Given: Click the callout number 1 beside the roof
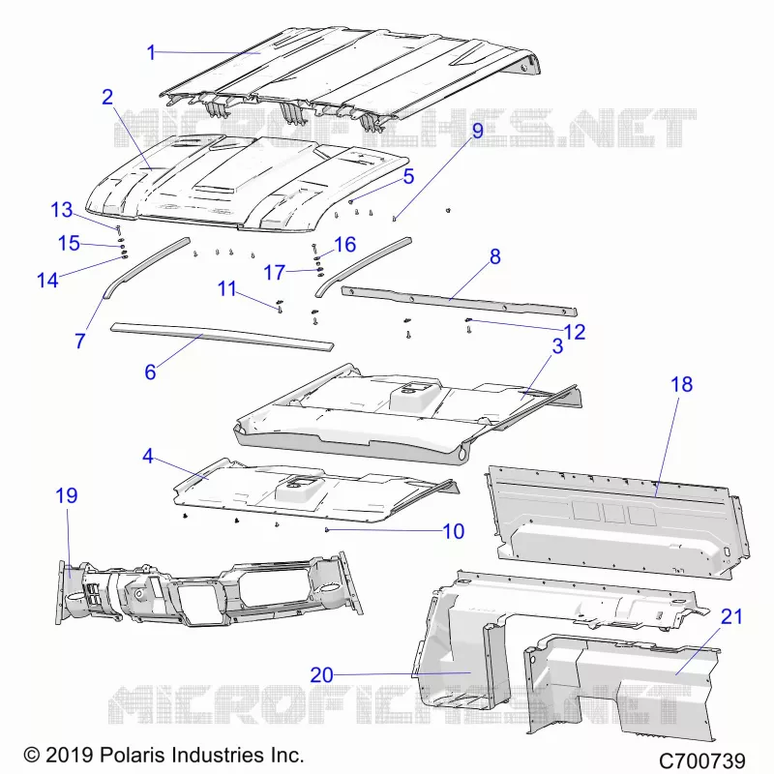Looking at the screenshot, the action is (x=151, y=52).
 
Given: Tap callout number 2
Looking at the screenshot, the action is (x=107, y=98).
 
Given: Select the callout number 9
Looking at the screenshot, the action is (x=477, y=131).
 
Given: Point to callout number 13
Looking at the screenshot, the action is (x=62, y=210).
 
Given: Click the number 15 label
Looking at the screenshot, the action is (x=69, y=244).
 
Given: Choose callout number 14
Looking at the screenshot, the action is (x=47, y=281).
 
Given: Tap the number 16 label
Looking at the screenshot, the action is (x=345, y=245).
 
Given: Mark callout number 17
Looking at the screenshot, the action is (x=275, y=273).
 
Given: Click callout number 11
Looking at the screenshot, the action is (x=227, y=288).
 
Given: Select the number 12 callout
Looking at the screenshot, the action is (x=575, y=332).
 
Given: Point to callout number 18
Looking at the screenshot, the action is (x=682, y=384).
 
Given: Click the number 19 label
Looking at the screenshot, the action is (x=67, y=495).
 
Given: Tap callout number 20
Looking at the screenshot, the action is (x=322, y=674).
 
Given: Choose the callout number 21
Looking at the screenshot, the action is (x=731, y=616).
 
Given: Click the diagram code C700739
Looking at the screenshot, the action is (x=702, y=760).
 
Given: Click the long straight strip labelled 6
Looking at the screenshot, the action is (x=223, y=337).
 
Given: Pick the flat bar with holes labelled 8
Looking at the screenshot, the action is (x=459, y=301).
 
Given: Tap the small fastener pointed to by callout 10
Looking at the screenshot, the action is (x=327, y=529).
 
